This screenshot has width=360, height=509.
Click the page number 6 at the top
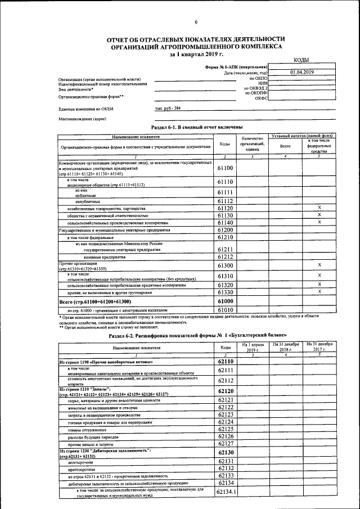pyautogui.click(x=196, y=22)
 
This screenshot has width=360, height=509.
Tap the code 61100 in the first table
pyautogui.click(x=225, y=168)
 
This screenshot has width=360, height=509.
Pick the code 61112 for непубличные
pyautogui.click(x=225, y=201)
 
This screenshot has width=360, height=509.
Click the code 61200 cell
pyautogui.click(x=225, y=230)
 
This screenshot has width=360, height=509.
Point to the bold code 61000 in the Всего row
pyautogui.click(x=225, y=301)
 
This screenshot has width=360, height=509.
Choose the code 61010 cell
pyautogui.click(x=225, y=310)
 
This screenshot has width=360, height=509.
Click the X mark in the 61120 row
pyautogui.click(x=319, y=208)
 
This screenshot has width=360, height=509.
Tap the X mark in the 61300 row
pyautogui.click(x=319, y=264)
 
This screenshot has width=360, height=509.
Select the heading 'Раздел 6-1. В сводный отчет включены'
pyautogui.click(x=197, y=128)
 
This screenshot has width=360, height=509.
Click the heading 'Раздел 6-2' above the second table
pyautogui.click(x=198, y=335)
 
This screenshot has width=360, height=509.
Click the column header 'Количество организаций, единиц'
pyautogui.click(x=252, y=144)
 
